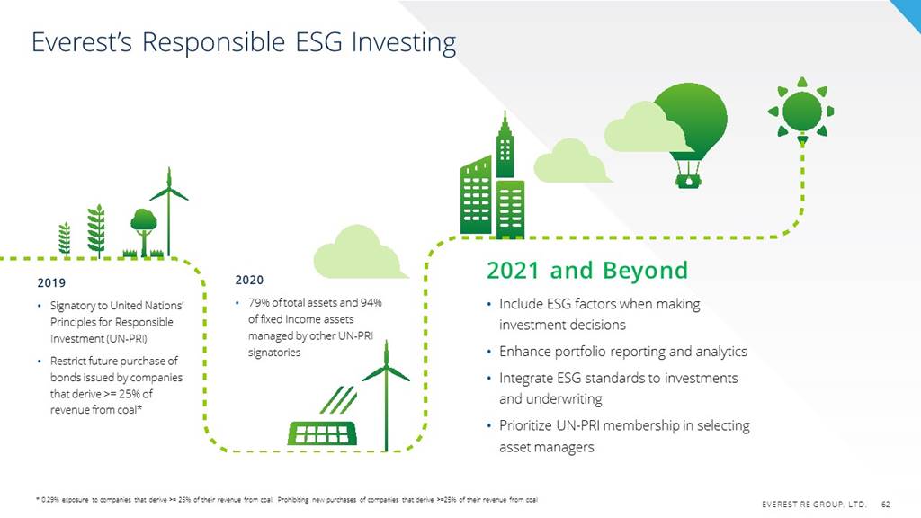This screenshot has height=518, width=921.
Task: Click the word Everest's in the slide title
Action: click(82, 42)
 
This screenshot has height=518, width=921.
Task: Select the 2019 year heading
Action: click(51, 283)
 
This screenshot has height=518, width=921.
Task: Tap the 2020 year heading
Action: click(250, 281)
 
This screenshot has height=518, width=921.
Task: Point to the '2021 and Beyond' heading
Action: click(586, 270)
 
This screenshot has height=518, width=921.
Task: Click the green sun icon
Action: click(801, 111)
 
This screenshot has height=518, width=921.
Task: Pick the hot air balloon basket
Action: click(688, 181)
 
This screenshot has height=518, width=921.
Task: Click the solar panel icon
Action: click(322, 433)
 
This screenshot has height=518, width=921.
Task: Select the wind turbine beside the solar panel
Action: click(386, 396)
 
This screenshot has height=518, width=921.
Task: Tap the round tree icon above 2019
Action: click(144, 231)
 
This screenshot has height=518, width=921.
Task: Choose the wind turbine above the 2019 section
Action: click(169, 210)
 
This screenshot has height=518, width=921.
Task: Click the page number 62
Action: click(885, 504)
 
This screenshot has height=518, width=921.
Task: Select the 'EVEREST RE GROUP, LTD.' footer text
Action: click(813, 504)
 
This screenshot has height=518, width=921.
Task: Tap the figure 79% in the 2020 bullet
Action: click(259, 302)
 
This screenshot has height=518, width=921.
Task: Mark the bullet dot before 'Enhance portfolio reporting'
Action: click(489, 352)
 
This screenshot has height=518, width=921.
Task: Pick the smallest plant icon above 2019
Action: click(65, 239)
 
